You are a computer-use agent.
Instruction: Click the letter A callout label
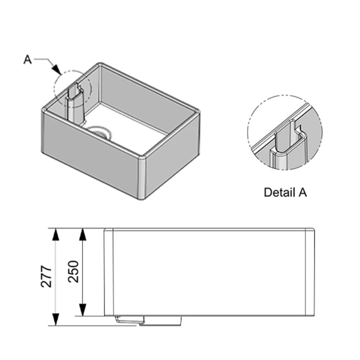point(27,60)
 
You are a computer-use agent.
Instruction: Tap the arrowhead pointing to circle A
point(56,69)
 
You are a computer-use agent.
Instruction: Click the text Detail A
point(285,192)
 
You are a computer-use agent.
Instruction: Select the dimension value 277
point(47,276)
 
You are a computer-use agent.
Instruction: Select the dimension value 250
point(73,271)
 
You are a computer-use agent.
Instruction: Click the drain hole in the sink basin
point(100,132)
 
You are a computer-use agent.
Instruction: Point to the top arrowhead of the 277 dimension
point(56,235)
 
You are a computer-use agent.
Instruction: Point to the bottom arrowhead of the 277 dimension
point(56,319)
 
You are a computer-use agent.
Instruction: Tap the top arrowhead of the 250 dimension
point(83,235)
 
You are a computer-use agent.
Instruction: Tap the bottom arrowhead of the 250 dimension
point(83,310)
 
